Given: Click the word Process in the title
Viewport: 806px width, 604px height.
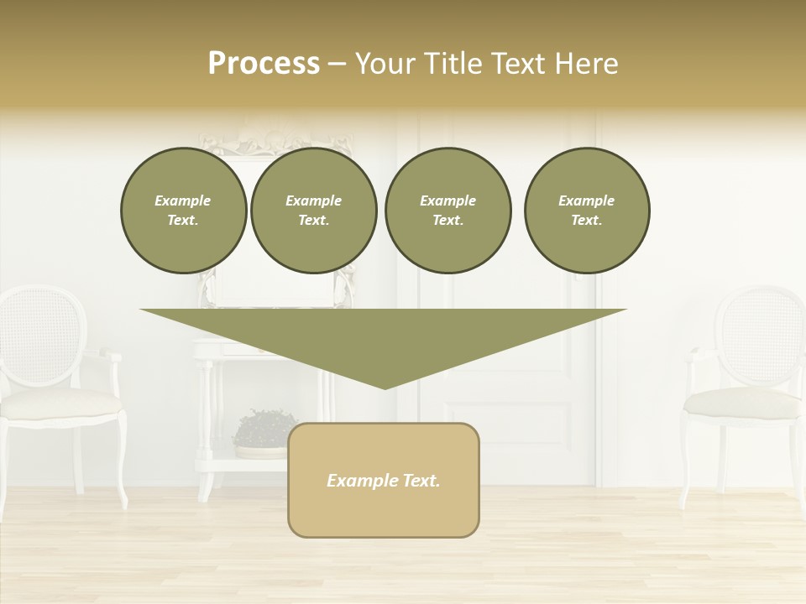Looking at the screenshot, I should tap(264, 64).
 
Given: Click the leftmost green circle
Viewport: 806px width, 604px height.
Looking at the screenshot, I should tap(183, 211).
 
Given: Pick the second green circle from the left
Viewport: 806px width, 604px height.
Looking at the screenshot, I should tap(313, 211).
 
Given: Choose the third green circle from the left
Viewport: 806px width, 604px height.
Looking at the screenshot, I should tap(447, 211).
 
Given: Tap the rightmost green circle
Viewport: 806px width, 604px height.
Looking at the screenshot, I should tap(586, 211).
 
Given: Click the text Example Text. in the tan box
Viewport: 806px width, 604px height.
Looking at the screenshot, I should tap(384, 481).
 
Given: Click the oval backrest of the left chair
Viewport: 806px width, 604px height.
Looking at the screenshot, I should tap(42, 335).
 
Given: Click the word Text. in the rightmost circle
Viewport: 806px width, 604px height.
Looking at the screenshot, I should tap(586, 221).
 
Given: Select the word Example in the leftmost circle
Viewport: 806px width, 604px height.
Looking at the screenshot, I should tap(183, 201).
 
